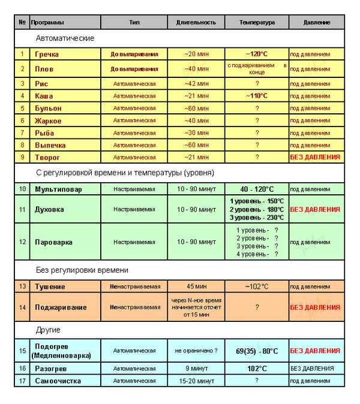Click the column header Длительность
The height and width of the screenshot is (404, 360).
(x=196, y=22)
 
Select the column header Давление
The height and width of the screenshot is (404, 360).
(x=317, y=22)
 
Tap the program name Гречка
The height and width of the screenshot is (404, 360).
(x=47, y=54)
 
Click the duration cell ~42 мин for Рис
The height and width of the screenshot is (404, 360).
(x=196, y=84)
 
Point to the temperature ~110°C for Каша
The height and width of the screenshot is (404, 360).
(x=257, y=96)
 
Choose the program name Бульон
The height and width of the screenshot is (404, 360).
(x=48, y=108)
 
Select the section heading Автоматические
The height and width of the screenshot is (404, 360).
(x=65, y=38)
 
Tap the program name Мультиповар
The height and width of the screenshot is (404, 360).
(x=59, y=189)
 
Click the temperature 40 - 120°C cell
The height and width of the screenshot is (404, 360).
(x=257, y=189)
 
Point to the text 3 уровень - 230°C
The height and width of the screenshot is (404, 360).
(x=257, y=218)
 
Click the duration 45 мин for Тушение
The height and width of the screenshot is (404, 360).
(x=196, y=287)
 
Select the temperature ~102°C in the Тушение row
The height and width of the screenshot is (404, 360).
(x=257, y=287)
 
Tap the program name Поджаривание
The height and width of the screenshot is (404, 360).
(x=61, y=307)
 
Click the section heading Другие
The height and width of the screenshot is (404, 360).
(x=48, y=330)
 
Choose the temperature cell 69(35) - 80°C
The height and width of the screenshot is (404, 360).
(x=257, y=351)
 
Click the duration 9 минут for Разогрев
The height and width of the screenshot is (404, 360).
(x=196, y=369)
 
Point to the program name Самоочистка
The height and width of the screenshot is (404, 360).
(x=58, y=381)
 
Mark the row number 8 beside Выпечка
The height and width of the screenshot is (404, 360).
(x=22, y=145)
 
